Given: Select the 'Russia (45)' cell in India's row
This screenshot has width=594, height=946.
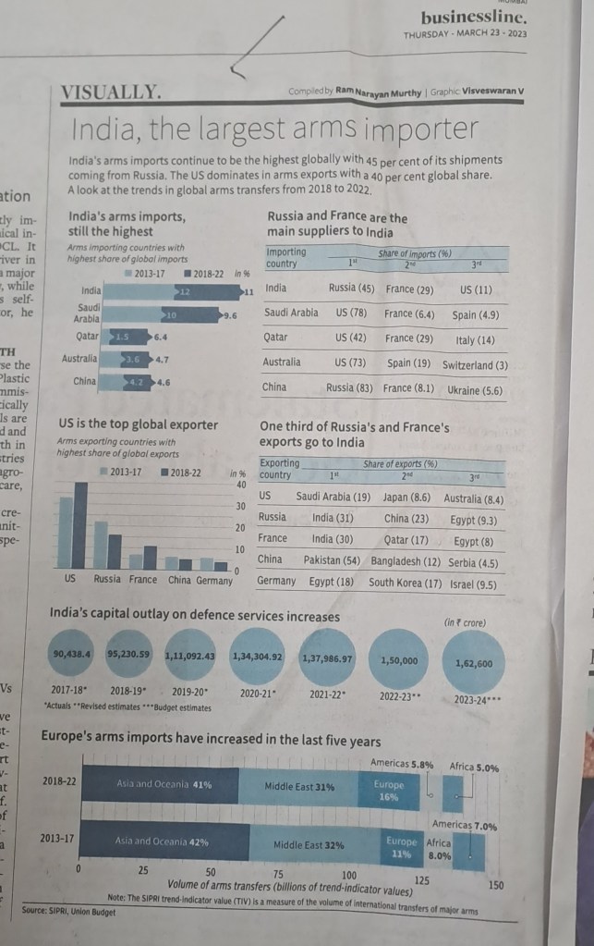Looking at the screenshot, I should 351,289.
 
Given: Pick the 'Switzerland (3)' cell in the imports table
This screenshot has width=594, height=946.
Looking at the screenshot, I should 475,364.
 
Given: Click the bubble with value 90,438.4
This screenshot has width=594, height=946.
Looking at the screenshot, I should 74,654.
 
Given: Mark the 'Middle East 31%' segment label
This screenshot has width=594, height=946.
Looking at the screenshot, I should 299,786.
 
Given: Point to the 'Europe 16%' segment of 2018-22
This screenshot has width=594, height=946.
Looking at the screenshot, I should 388,791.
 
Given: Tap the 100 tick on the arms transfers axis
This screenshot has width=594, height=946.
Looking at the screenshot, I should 349,874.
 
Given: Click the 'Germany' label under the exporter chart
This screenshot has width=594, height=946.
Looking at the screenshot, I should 214,580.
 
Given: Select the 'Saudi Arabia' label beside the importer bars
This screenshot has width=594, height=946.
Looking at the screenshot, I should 89,313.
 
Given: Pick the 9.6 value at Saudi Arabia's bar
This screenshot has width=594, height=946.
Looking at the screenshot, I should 230,316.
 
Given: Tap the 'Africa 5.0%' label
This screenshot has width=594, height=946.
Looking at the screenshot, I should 474,767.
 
